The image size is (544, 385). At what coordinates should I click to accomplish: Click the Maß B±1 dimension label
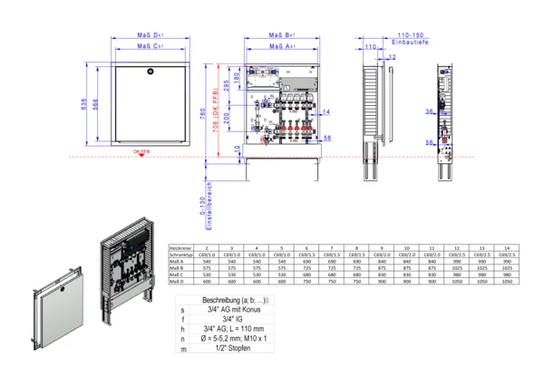coord(287,36)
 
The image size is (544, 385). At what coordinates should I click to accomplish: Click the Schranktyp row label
coord(181,255)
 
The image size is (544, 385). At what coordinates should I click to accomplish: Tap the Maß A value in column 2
coord(208,263)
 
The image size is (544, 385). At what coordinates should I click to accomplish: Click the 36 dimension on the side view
coord(428,111)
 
